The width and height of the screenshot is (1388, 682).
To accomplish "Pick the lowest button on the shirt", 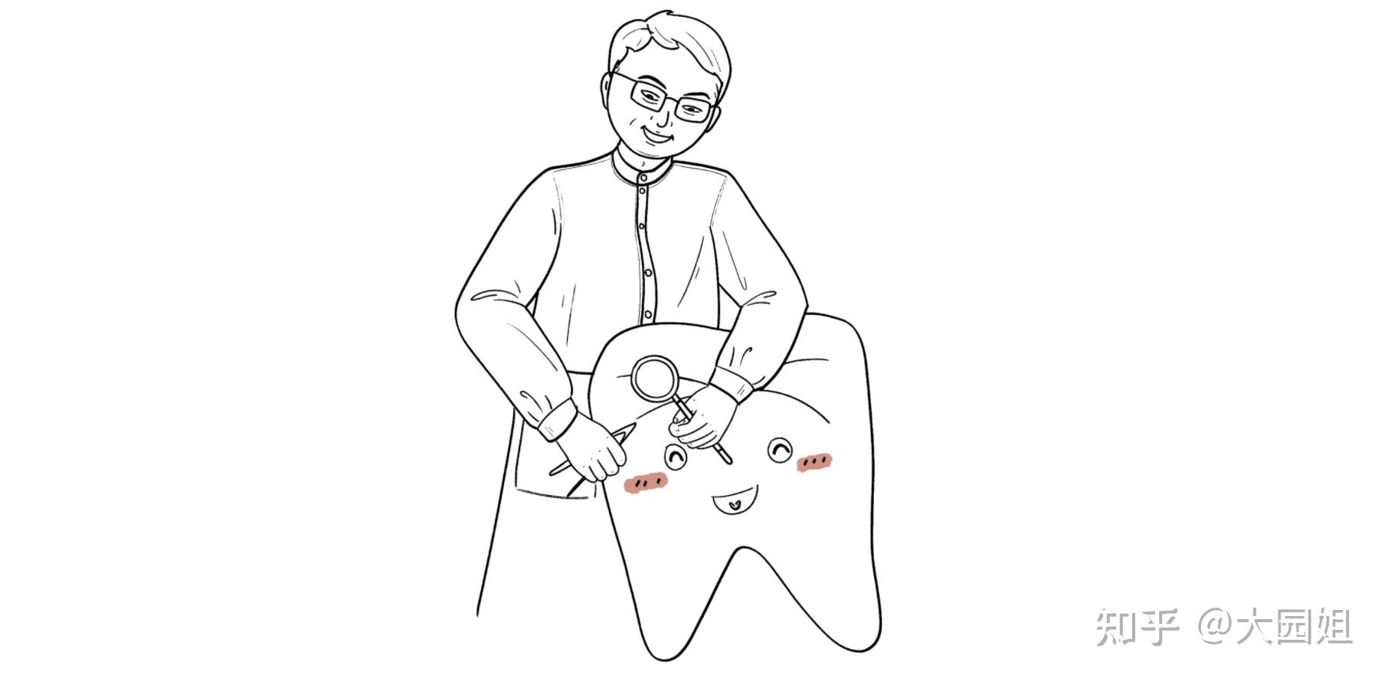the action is click(x=648, y=314).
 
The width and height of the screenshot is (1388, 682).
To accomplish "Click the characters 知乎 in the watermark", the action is click(x=1138, y=628).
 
